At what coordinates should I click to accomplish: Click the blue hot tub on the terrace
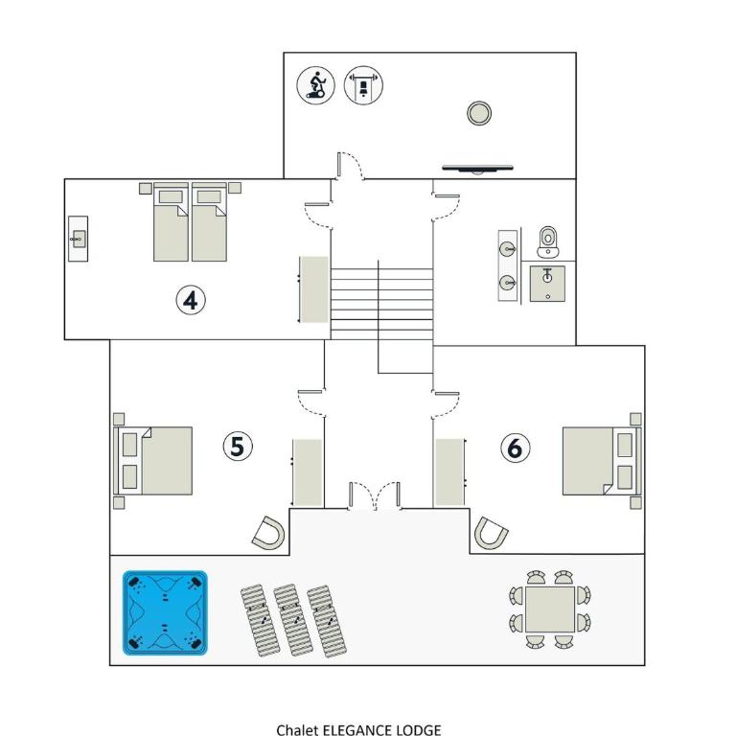coord(165,612)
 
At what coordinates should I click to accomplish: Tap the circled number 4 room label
coord(191,300)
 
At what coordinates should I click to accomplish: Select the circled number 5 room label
coord(238,446)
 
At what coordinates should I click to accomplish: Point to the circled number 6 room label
coord(516,448)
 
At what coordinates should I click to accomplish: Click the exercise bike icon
coord(316,85)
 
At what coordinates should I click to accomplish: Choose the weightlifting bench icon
coord(363,85)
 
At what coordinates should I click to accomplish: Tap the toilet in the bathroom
coord(548,241)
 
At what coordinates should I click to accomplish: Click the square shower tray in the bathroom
coord(547,284)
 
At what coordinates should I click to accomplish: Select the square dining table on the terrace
coord(550,609)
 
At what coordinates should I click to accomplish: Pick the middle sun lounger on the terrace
coord(293,620)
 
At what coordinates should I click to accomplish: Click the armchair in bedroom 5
coord(268,534)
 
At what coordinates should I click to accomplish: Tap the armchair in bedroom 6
coord(491,533)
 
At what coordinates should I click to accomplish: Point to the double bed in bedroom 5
coord(153,460)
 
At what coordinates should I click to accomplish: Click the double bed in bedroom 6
coord(602,460)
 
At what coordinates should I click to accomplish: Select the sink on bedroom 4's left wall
coord(78,239)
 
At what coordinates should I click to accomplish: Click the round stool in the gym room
coord(479,113)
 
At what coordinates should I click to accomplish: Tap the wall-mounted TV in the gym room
coord(478,169)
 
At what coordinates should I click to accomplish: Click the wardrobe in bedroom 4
coord(314,289)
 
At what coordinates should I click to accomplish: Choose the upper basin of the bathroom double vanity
coord(508,249)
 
